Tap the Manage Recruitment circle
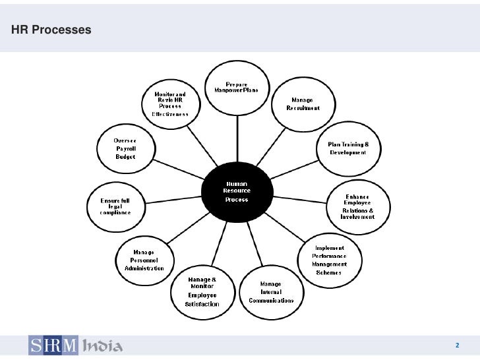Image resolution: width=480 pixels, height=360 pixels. pyautogui.click(x=303, y=104)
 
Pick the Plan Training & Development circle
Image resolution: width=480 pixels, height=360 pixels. pyautogui.click(x=349, y=148)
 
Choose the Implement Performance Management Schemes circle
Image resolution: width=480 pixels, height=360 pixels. pyautogui.click(x=338, y=259)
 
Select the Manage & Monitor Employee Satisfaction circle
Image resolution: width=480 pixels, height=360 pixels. pyautogui.click(x=202, y=292)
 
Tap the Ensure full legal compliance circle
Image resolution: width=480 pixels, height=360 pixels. pyautogui.click(x=115, y=206)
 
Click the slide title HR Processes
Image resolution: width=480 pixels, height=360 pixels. pyautogui.click(x=51, y=30)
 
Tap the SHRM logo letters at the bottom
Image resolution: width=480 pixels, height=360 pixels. pyautogui.click(x=53, y=345)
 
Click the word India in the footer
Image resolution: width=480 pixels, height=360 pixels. pyautogui.click(x=101, y=345)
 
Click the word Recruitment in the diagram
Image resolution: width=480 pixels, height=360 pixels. pyautogui.click(x=303, y=108)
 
